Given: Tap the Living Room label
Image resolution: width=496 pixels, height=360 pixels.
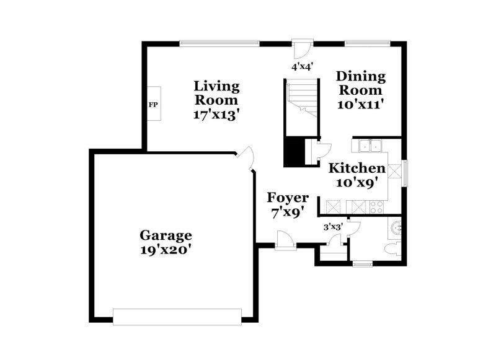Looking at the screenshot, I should tap(216, 93).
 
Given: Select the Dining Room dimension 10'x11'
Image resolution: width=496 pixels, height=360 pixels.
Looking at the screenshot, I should tap(361, 104).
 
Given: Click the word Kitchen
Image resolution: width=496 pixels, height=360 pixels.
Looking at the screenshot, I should tap(356, 168).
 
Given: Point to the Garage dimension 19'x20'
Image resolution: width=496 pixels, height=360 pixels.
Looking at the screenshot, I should tap(166, 250).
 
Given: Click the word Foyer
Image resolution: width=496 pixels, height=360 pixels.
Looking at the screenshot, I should tap(288, 198).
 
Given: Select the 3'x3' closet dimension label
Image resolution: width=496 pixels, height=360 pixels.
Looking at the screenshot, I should tap(334, 227).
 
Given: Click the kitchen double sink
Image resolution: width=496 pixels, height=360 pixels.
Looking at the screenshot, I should tap(370, 146).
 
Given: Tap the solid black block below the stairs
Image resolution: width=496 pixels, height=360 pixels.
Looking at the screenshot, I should tap(294, 152).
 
